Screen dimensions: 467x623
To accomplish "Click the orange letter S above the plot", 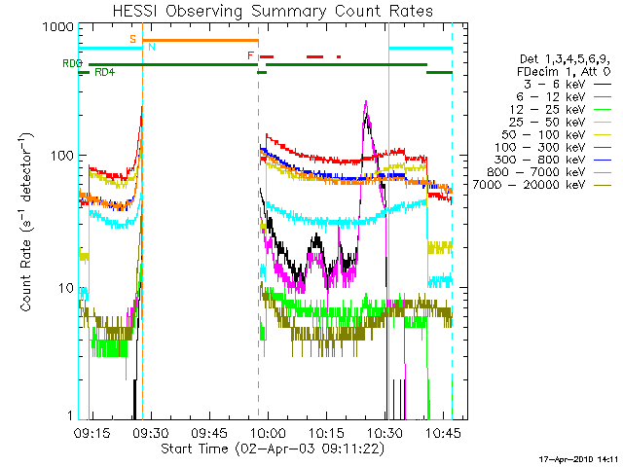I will [132, 38].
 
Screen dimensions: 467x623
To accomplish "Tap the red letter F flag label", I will [250, 55].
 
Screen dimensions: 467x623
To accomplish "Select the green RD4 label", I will [104, 72].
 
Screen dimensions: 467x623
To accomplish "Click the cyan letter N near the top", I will [150, 47].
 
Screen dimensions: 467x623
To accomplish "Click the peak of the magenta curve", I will [365, 100].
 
